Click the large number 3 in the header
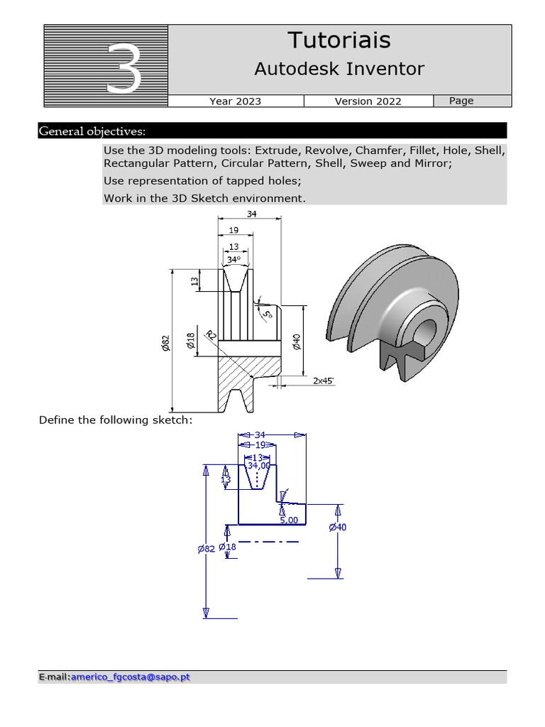(123, 68)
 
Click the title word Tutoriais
(338, 40)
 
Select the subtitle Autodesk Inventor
(338, 69)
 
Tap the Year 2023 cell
(235, 102)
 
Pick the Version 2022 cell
(368, 102)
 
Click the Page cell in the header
(461, 101)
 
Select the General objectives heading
(92, 131)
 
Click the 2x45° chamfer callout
(324, 381)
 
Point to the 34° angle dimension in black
(234, 260)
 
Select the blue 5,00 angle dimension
(289, 520)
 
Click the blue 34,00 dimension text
(258, 466)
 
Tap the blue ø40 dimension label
(338, 528)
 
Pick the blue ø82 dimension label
(206, 549)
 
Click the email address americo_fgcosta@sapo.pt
(131, 677)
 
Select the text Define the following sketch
(116, 420)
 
